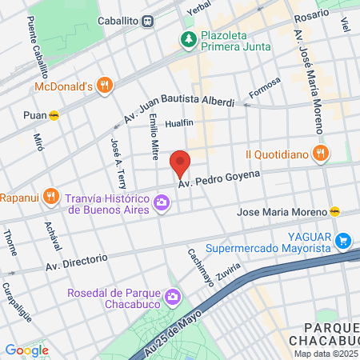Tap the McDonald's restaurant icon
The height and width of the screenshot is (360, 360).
click(103, 85)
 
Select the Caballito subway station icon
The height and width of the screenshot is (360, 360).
click(148, 21)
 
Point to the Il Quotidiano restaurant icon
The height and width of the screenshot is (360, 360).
click(319, 154)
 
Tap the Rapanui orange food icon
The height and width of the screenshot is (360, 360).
click(50, 195)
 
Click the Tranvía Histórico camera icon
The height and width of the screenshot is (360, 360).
click(162, 203)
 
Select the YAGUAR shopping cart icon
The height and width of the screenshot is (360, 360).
click(343, 239)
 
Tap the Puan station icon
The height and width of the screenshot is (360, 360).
click(54, 114)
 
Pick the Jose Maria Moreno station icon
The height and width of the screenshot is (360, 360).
click(335, 212)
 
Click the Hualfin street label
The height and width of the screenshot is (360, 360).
click(179, 124)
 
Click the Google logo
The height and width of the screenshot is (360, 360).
click(26, 350)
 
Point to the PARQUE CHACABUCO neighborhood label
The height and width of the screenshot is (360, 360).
click(325, 334)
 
